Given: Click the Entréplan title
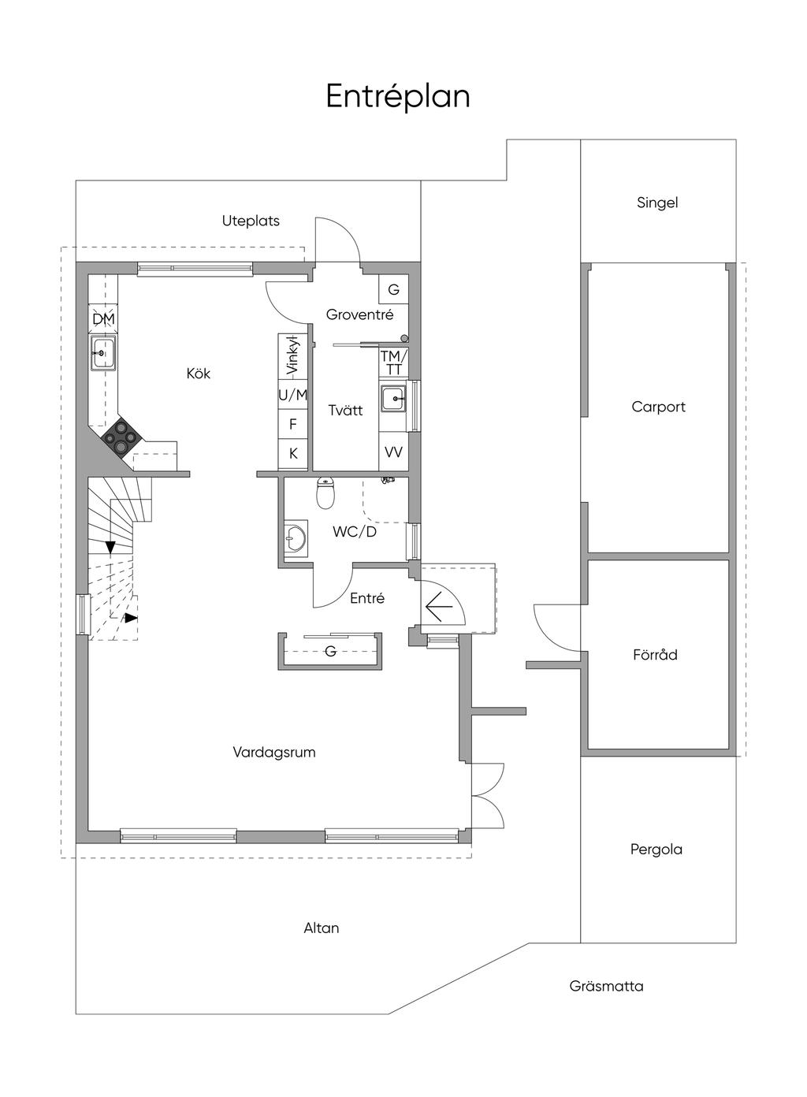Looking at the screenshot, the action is pyautogui.click(x=398, y=96).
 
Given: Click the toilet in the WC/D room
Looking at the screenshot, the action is pyautogui.click(x=325, y=493).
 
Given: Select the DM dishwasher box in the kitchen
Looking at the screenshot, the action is pyautogui.click(x=103, y=319).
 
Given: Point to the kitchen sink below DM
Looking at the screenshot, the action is pyautogui.click(x=102, y=353).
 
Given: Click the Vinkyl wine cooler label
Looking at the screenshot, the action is pyautogui.click(x=293, y=356).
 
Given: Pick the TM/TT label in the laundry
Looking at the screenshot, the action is pyautogui.click(x=394, y=363).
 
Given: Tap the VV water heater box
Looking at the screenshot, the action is pyautogui.click(x=394, y=452).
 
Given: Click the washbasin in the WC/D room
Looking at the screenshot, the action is pyautogui.click(x=296, y=539).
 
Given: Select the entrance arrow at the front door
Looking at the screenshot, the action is pyautogui.click(x=439, y=607).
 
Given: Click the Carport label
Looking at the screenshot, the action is pyautogui.click(x=658, y=407).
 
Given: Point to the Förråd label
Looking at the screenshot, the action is pyautogui.click(x=655, y=654).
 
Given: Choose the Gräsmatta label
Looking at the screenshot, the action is pyautogui.click(x=606, y=986).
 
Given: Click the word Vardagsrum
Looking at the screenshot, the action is pyautogui.click(x=274, y=753).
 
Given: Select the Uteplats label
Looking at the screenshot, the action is pyautogui.click(x=251, y=221).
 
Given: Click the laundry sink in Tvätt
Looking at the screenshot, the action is pyautogui.click(x=394, y=398).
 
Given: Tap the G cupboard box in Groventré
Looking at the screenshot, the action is pyautogui.click(x=394, y=289).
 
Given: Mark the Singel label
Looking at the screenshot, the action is pyautogui.click(x=657, y=203).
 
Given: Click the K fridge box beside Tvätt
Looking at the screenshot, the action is pyautogui.click(x=293, y=453).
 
